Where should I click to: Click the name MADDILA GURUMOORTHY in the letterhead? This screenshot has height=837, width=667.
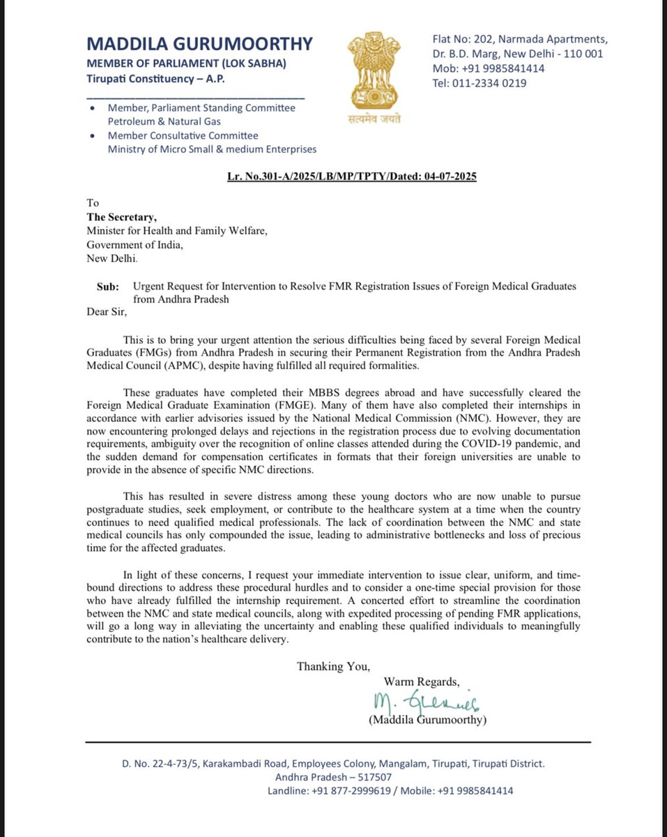point(199,44)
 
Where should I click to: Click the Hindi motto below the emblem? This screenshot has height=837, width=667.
point(374,119)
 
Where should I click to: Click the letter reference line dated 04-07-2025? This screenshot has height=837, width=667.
point(351,176)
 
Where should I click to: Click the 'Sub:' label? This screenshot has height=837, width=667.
point(107,287)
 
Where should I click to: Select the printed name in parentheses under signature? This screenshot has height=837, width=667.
point(427,720)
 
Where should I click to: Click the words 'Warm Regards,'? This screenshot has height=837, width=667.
point(422,681)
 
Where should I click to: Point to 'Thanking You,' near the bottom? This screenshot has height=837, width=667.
point(333,666)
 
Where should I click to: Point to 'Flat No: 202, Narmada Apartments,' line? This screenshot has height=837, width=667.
point(518,39)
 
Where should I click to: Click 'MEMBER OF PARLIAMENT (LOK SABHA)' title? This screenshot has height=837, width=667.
point(186,63)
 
